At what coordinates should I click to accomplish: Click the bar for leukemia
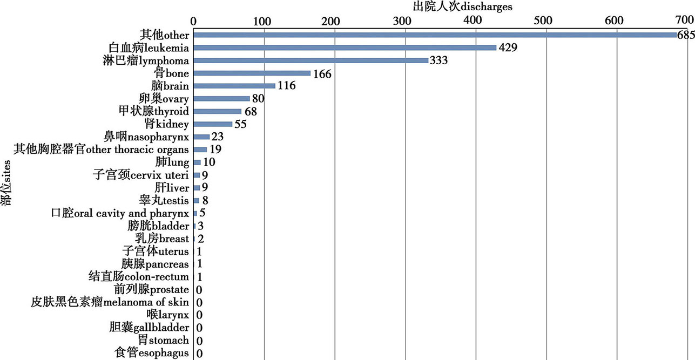click(345, 47)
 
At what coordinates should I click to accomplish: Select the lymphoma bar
click(311, 60)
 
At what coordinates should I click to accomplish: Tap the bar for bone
click(252, 73)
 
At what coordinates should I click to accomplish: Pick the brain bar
click(234, 86)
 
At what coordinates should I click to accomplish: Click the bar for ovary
click(221, 99)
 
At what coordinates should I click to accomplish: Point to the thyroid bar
click(217, 111)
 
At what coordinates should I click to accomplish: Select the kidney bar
click(213, 124)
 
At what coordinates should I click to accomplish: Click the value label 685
click(685, 36)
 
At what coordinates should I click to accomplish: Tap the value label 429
click(508, 48)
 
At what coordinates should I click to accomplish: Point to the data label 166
click(322, 73)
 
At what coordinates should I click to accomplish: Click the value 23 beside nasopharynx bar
click(218, 137)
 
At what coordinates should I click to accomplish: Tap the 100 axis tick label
click(262, 20)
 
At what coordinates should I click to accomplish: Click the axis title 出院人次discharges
click(462, 6)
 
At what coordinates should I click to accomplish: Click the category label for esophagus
click(152, 354)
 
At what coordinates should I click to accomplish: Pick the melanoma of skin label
click(110, 302)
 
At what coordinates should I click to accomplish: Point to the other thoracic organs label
click(102, 150)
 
